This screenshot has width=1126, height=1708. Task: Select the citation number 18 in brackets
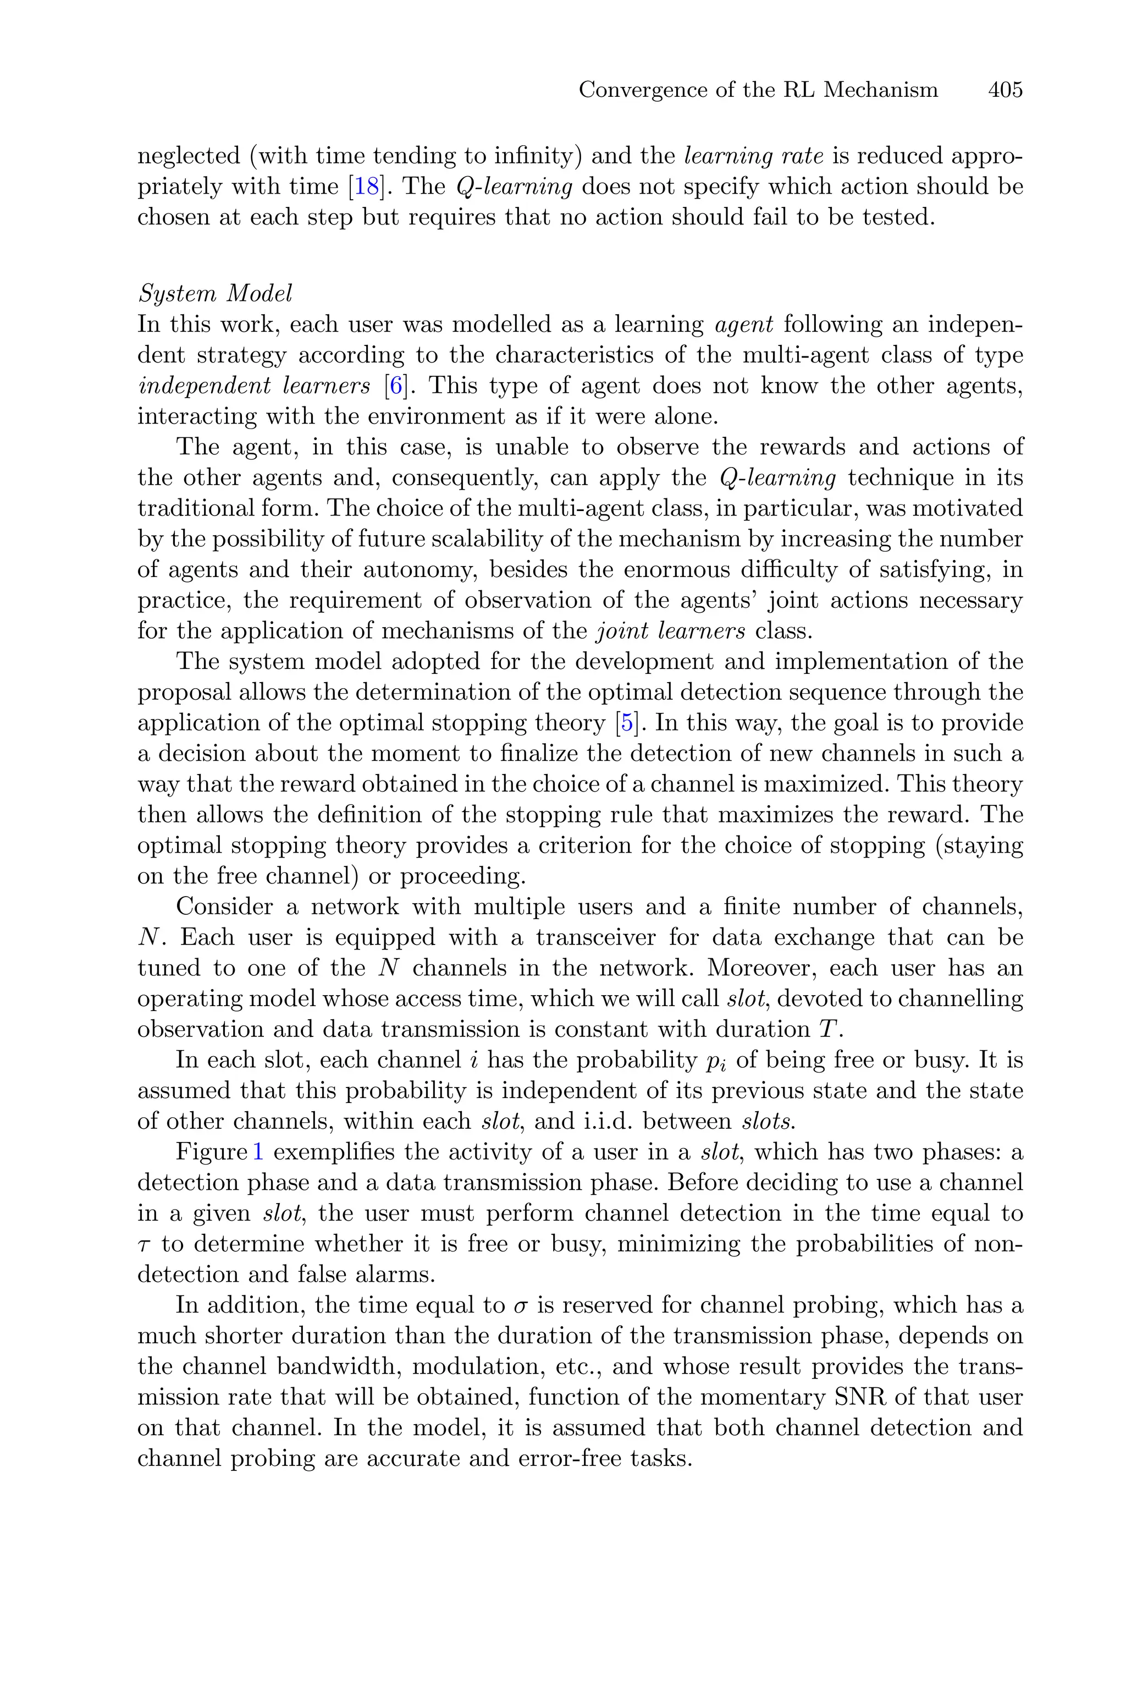point(366,186)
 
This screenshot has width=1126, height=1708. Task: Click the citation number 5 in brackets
point(628,723)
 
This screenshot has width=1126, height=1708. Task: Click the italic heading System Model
point(215,294)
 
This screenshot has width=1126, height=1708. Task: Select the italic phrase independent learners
point(253,386)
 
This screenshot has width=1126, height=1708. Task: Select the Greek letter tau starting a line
point(142,1245)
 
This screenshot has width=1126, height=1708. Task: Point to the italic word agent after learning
point(744,325)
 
